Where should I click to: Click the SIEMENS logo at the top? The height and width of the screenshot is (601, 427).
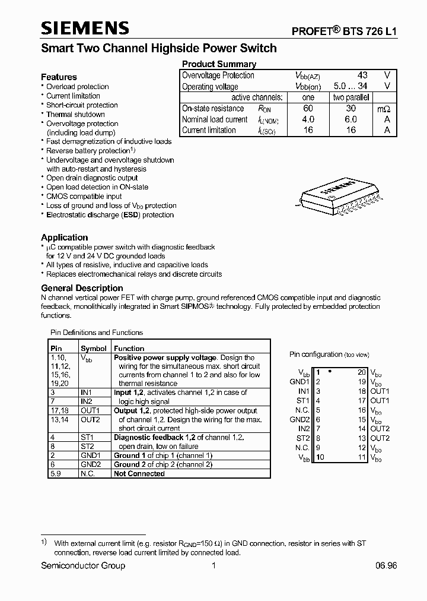85,28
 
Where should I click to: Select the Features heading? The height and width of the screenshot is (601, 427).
59,77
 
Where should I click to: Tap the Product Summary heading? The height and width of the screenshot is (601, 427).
219,64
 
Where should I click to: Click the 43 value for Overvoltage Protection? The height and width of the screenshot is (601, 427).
362,75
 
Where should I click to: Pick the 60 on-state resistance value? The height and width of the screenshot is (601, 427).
308,109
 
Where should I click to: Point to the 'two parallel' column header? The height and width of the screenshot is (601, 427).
350,97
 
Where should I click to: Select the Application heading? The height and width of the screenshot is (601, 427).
64,238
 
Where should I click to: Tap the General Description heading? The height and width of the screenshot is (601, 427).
82,288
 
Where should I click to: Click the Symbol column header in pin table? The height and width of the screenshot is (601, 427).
94,349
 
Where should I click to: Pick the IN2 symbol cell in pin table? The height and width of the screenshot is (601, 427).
87,401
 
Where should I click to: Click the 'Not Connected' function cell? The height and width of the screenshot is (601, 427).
139,474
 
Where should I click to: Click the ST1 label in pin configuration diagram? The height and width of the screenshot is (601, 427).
304,401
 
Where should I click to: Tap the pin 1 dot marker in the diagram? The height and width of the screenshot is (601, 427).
329,371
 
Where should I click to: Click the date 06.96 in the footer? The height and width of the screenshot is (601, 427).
385,566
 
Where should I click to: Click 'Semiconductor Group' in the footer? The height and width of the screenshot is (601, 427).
83,566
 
